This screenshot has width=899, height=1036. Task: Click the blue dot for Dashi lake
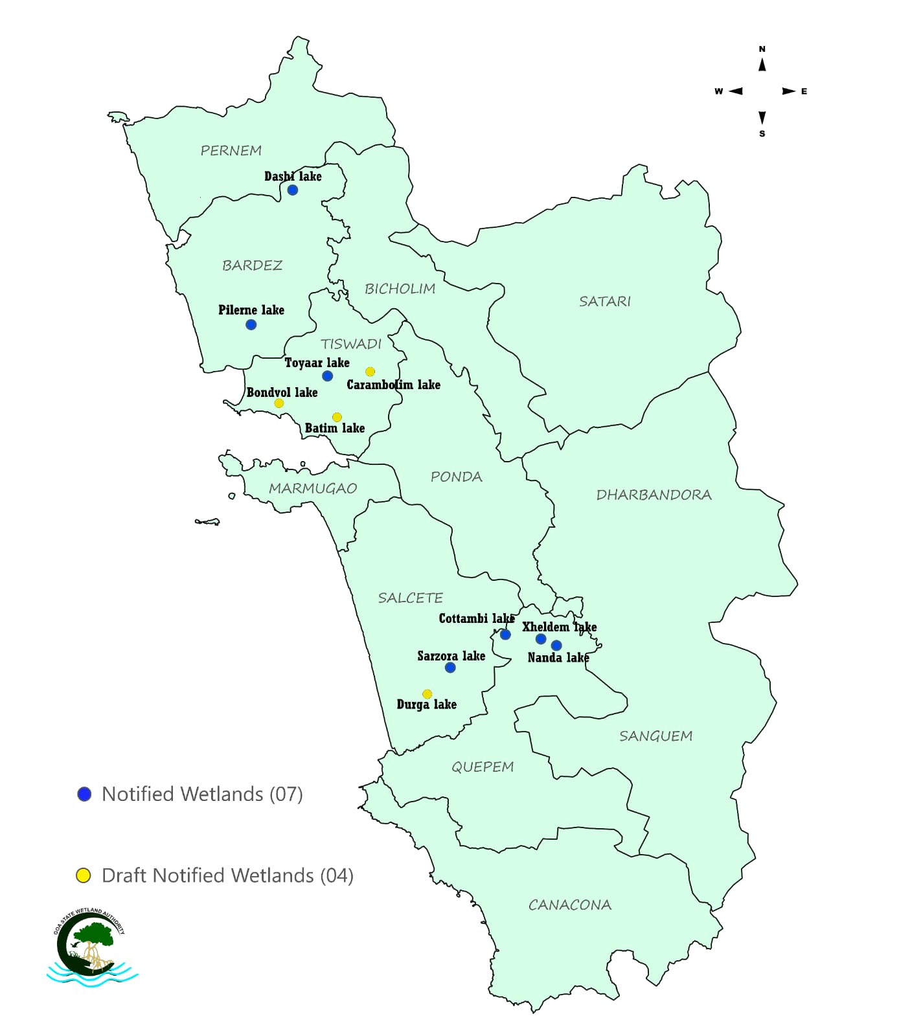pyautogui.click(x=293, y=190)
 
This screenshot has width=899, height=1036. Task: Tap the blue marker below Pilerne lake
pyautogui.click(x=251, y=325)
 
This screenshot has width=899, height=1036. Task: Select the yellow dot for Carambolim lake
pyautogui.click(x=370, y=372)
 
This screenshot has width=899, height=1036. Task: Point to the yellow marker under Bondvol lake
pyautogui.click(x=279, y=403)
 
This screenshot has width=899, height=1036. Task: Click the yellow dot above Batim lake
pyautogui.click(x=337, y=418)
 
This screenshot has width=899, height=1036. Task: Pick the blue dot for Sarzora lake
pyautogui.click(x=450, y=668)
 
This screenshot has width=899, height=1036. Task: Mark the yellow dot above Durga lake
pyautogui.click(x=427, y=694)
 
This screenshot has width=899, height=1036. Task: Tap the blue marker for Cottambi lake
pyautogui.click(x=505, y=635)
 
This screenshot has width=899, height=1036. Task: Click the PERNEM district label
pyautogui.click(x=231, y=151)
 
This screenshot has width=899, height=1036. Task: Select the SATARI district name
pyautogui.click(x=605, y=301)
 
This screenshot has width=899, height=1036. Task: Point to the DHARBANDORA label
pyautogui.click(x=654, y=495)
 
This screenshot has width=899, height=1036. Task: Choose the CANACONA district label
pyautogui.click(x=570, y=905)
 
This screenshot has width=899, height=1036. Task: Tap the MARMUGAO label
pyautogui.click(x=313, y=489)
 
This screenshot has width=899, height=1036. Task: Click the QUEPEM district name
pyautogui.click(x=483, y=767)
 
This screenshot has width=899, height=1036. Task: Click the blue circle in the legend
pyautogui.click(x=84, y=794)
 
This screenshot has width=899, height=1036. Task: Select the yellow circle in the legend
pyautogui.click(x=84, y=876)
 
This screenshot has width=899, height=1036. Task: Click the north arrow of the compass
pyautogui.click(x=762, y=65)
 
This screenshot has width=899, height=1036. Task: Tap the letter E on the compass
pyautogui.click(x=804, y=91)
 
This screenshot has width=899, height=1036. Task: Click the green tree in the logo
pyautogui.click(x=94, y=934)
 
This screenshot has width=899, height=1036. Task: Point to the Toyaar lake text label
pyautogui.click(x=317, y=363)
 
